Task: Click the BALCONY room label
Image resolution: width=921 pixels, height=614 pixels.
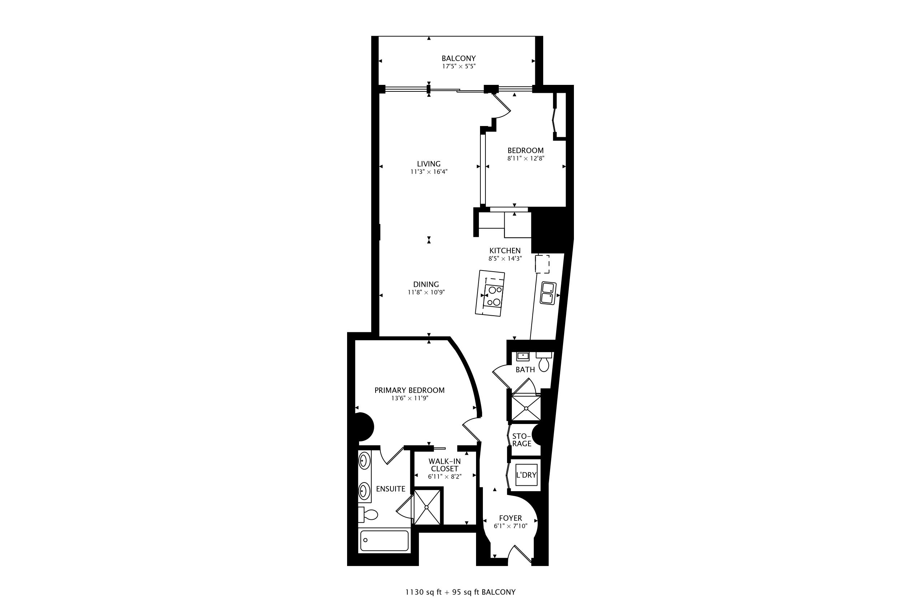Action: coord(459,59)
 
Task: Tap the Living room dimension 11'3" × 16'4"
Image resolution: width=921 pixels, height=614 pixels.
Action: coord(429,172)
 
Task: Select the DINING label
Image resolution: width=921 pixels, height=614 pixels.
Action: coord(426,284)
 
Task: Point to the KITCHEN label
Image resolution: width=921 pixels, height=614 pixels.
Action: coord(505,251)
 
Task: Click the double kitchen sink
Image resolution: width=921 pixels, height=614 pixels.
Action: coord(548,293)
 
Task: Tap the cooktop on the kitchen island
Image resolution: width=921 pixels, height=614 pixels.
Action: coord(493,296)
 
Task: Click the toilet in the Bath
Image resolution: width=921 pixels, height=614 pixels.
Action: coord(544,362)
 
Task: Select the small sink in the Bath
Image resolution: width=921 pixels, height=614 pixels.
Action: coord(523,356)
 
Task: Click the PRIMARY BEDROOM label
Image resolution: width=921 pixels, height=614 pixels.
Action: coord(410,390)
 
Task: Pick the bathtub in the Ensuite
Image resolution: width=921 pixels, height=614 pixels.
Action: coord(384,541)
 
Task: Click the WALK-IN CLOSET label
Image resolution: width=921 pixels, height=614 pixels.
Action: coord(445,465)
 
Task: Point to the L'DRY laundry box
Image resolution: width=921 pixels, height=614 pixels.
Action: coord(526,475)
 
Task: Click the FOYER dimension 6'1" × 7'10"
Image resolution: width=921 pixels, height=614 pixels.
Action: coord(511,526)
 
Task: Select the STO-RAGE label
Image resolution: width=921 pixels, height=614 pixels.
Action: coord(522,440)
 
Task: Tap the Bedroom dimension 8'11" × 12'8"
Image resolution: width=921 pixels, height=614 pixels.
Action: coord(526,159)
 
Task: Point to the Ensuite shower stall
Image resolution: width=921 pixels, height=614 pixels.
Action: coord(428,506)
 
